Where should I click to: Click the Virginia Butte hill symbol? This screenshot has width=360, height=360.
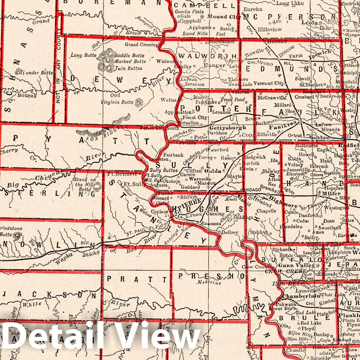coord(140,103)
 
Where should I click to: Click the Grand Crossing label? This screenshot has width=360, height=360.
coord(142,45)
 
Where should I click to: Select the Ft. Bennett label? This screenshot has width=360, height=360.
coord(122,174)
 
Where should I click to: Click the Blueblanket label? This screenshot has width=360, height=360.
coord(221,40)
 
